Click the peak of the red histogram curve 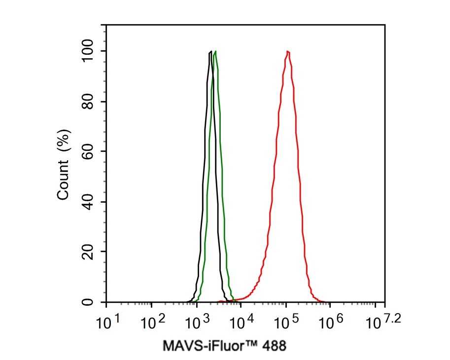tap(287, 51)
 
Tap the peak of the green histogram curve tap(215, 51)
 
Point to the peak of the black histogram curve tap(210, 51)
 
